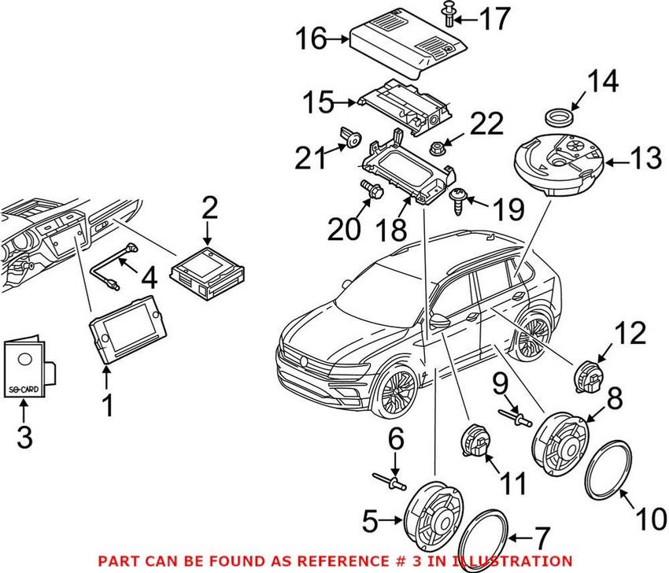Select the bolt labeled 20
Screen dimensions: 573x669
pyautogui.click(x=370, y=190)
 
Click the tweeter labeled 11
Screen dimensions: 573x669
pyautogui.click(x=474, y=442)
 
